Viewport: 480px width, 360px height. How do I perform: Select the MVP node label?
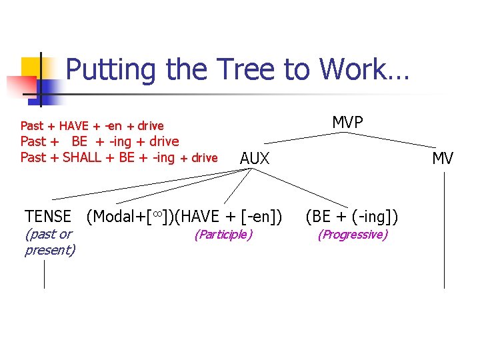pos(347,122)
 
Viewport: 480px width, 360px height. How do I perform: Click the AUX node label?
pos(255,159)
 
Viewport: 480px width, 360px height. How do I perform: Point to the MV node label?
pos(443,159)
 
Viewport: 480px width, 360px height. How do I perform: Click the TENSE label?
pos(48,216)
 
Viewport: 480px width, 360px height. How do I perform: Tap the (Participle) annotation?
pos(223,234)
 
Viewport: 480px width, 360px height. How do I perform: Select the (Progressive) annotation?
pos(352,234)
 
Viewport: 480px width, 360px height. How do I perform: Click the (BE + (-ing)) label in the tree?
pos(352,216)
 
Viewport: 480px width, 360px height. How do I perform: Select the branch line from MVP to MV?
pos(400,141)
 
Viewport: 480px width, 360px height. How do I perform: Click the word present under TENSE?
pos(49,251)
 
